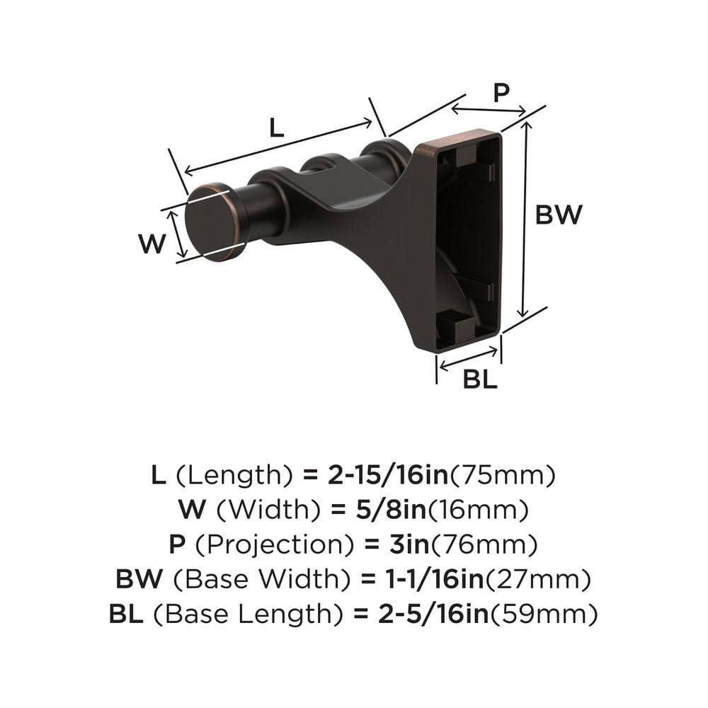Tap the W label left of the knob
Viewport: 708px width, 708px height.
coord(152,244)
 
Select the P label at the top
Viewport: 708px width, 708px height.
coord(501,93)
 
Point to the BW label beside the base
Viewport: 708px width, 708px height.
coord(558,215)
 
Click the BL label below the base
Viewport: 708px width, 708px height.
coord(480,379)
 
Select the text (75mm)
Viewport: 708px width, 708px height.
coord(503,475)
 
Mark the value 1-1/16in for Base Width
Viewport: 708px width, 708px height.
coord(423,581)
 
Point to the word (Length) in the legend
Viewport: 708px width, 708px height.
coord(234,475)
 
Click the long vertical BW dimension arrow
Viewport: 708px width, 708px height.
coord(524,219)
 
